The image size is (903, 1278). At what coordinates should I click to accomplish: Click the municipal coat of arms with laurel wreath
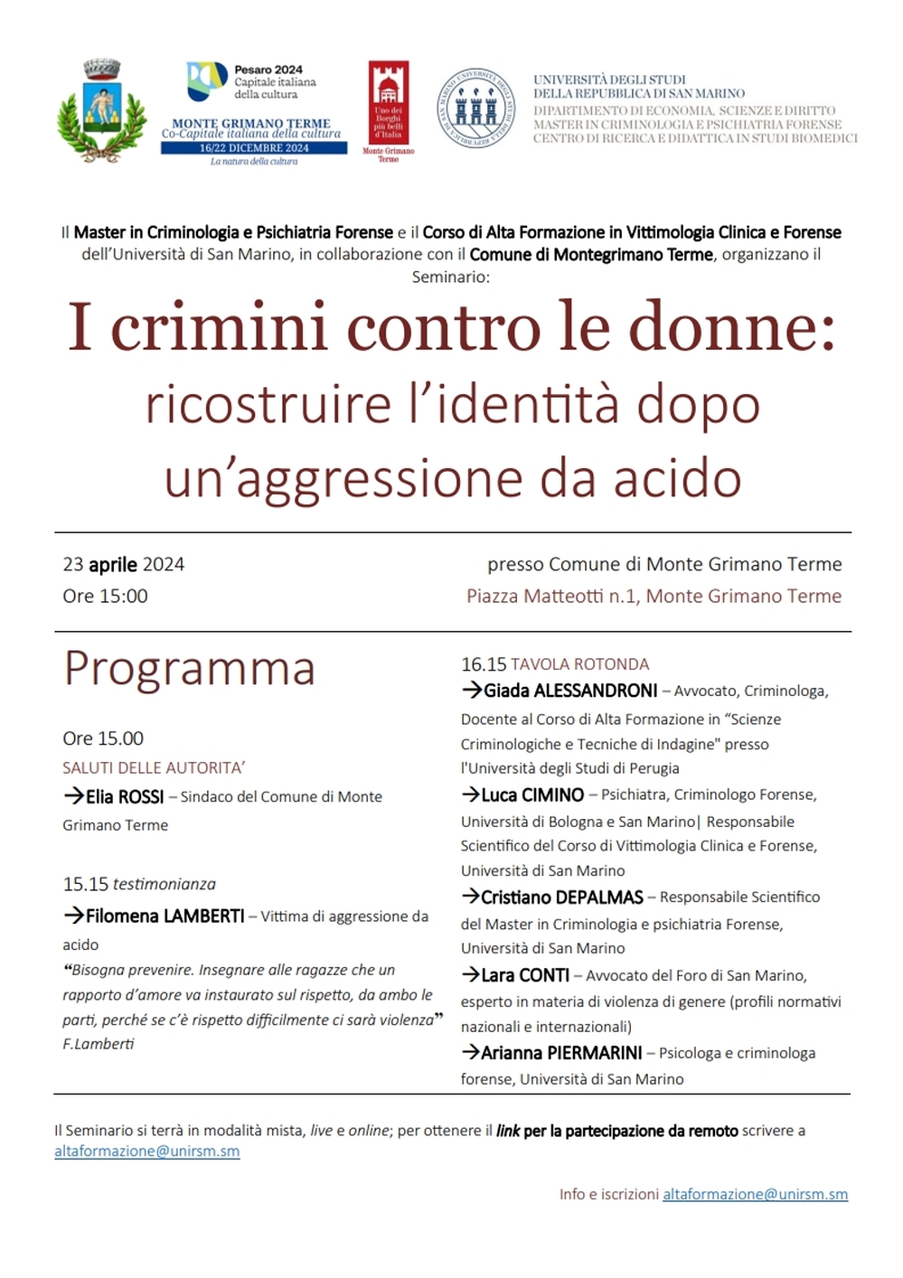pyautogui.click(x=101, y=110)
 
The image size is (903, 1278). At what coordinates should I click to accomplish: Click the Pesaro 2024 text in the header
pyautogui.click(x=268, y=70)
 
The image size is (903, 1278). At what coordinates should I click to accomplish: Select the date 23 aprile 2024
pyautogui.click(x=123, y=565)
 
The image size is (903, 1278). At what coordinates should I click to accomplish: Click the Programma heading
pyautogui.click(x=190, y=669)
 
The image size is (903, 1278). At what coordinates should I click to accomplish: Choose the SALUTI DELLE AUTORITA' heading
pyautogui.click(x=154, y=768)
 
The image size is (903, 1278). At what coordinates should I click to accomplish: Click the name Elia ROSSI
pyautogui.click(x=125, y=797)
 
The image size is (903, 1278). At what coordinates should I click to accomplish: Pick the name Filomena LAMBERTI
pyautogui.click(x=165, y=916)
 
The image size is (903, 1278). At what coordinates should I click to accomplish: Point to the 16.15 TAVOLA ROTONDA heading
pyautogui.click(x=555, y=664)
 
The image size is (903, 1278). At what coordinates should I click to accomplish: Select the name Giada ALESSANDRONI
pyautogui.click(x=570, y=691)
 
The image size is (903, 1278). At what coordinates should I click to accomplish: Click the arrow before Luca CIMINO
pyautogui.click(x=470, y=794)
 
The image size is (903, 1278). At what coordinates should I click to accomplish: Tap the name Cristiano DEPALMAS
pyautogui.click(x=561, y=897)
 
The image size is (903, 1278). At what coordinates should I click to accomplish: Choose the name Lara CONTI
pyautogui.click(x=525, y=976)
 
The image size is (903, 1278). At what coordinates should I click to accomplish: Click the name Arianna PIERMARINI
pyautogui.click(x=561, y=1053)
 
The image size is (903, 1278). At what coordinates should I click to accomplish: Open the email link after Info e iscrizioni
pyautogui.click(x=755, y=1195)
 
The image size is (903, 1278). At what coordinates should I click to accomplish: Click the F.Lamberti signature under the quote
pyautogui.click(x=99, y=1044)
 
